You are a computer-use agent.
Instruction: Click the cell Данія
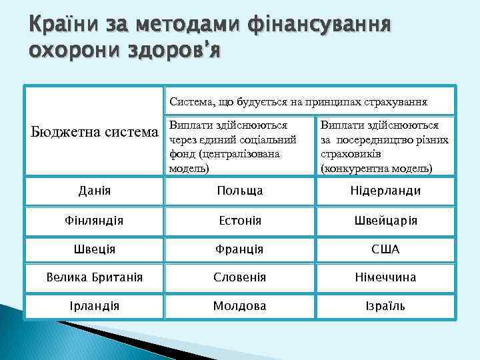click(x=94, y=191)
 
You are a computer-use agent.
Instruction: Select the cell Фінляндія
click(x=94, y=220)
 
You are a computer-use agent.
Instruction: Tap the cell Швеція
click(x=94, y=249)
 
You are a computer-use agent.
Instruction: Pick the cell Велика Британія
click(x=94, y=277)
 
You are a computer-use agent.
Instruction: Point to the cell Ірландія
click(x=94, y=306)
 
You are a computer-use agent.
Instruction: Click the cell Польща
click(x=239, y=191)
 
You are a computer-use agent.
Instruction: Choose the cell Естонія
click(x=239, y=220)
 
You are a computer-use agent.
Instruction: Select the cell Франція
click(x=239, y=249)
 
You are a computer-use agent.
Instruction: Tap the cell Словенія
click(x=239, y=277)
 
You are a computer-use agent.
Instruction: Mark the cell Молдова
click(x=239, y=306)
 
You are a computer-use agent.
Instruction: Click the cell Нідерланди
click(x=385, y=191)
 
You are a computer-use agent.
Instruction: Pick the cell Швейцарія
click(x=385, y=220)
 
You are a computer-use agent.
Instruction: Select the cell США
click(x=385, y=249)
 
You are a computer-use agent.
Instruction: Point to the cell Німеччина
click(x=385, y=277)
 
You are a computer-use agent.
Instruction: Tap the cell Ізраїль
click(x=385, y=306)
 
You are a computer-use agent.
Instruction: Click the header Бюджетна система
click(x=94, y=132)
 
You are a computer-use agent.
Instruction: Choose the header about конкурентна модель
click(x=385, y=146)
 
